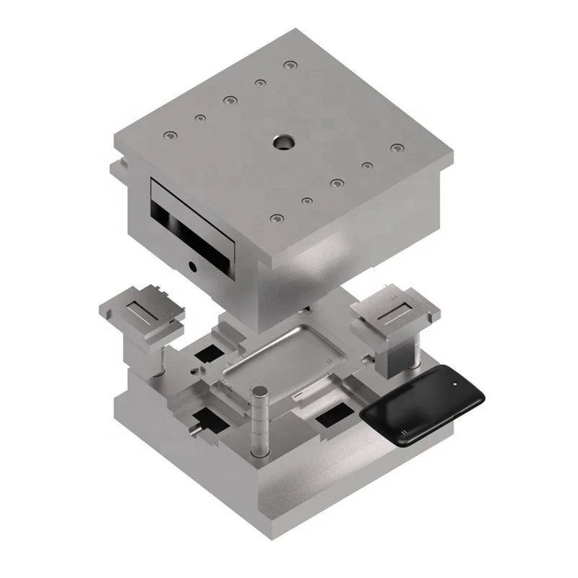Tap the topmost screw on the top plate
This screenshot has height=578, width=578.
[x=290, y=66]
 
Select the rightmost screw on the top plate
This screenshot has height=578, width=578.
[x=396, y=148]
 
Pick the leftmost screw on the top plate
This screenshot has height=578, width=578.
[x=169, y=135]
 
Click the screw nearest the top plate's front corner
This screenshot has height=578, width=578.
[x=275, y=217]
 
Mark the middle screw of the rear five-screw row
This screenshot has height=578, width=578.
[x=230, y=100]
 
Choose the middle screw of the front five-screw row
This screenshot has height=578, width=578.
[x=336, y=183]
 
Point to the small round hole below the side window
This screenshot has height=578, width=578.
[x=193, y=266]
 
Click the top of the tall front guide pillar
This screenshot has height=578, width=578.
[x=259, y=392]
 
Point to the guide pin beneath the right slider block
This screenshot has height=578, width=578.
[x=417, y=354]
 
